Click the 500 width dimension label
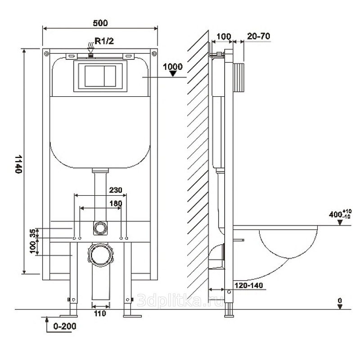click(100, 23)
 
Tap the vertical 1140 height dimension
click(18, 164)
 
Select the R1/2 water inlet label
click(104, 41)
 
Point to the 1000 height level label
click(173, 67)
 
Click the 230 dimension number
click(116, 190)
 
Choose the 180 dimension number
click(116, 203)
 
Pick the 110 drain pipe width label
click(100, 313)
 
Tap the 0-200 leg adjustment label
click(65, 326)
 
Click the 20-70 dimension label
click(259, 36)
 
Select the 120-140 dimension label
click(249, 285)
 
